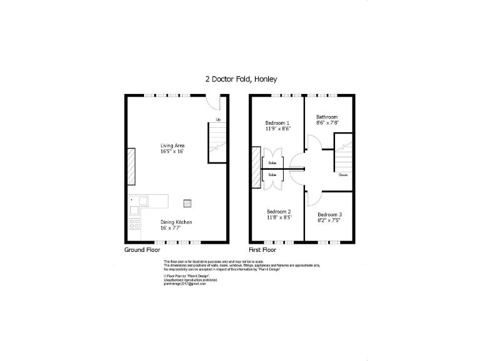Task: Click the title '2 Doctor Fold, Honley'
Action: coord(241,79)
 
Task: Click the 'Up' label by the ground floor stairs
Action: coord(218,119)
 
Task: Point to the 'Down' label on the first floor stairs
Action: coord(343,175)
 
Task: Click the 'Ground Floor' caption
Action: coord(142,249)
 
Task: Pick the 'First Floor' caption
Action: coord(262,249)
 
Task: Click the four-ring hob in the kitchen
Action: coord(134,222)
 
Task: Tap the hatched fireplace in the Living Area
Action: coord(132,167)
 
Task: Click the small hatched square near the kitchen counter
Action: coord(187,202)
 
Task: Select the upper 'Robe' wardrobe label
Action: coord(273,163)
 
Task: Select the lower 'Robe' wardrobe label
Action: coord(273,174)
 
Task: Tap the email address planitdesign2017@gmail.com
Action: coord(184,283)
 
